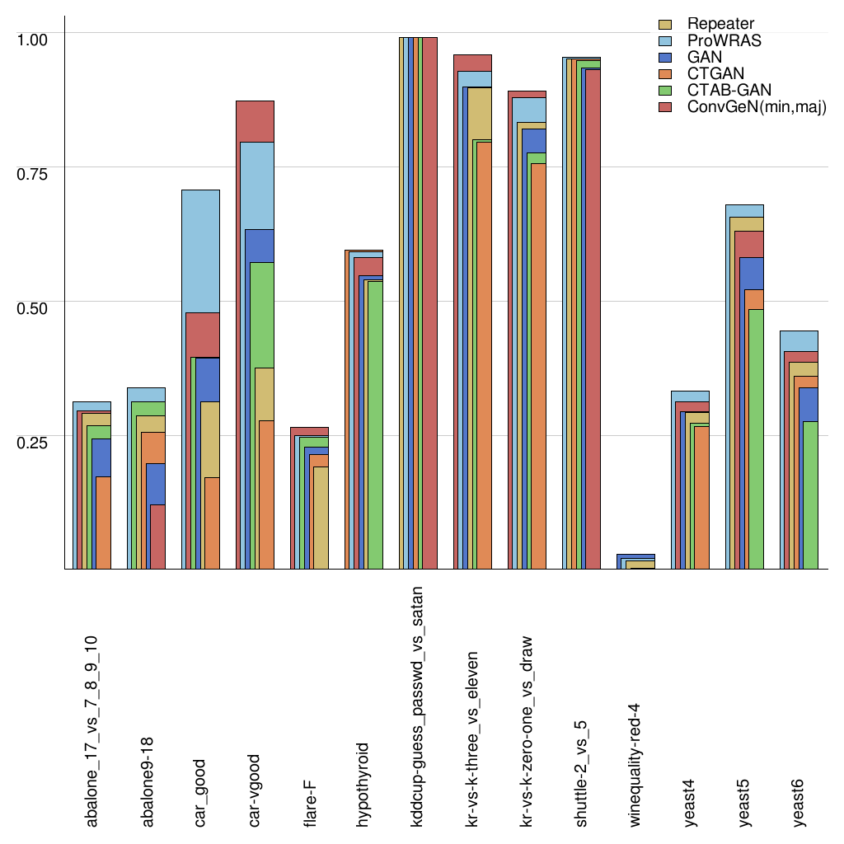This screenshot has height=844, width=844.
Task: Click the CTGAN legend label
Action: pyautogui.click(x=715, y=74)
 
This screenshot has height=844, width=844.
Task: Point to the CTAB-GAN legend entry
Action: pyautogui.click(x=726, y=91)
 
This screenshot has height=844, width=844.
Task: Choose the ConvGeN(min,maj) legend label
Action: pyautogui.click(x=756, y=107)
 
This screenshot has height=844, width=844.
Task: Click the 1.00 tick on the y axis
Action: pyautogui.click(x=34, y=39)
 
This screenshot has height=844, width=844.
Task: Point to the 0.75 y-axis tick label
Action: pyautogui.click(x=34, y=173)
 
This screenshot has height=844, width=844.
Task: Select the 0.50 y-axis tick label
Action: pyautogui.click(x=34, y=307)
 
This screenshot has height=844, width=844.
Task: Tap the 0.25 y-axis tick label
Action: pyautogui.click(x=34, y=442)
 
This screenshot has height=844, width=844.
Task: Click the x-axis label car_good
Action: pyautogui.click(x=200, y=792)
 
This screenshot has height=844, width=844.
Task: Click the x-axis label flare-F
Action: pyautogui.click(x=310, y=797)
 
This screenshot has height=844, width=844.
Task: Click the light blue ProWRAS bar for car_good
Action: pyautogui.click(x=200, y=247)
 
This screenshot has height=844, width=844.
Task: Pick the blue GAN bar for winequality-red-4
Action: pyautogui.click(x=635, y=557)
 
